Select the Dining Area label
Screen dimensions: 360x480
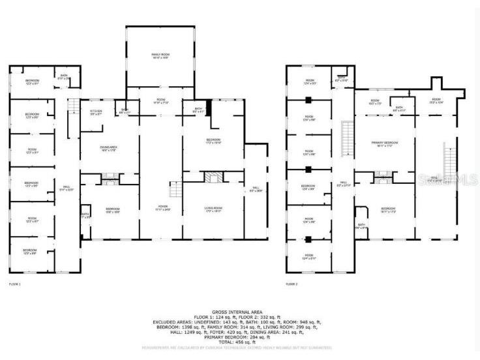pos(99,149)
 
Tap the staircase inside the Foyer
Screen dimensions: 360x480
pos(174,190)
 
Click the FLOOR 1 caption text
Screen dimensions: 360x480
pos(14,284)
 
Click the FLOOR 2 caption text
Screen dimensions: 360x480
pos(292,284)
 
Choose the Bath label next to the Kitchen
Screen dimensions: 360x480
pos(124,111)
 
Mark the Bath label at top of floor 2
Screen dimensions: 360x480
pos(341,79)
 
